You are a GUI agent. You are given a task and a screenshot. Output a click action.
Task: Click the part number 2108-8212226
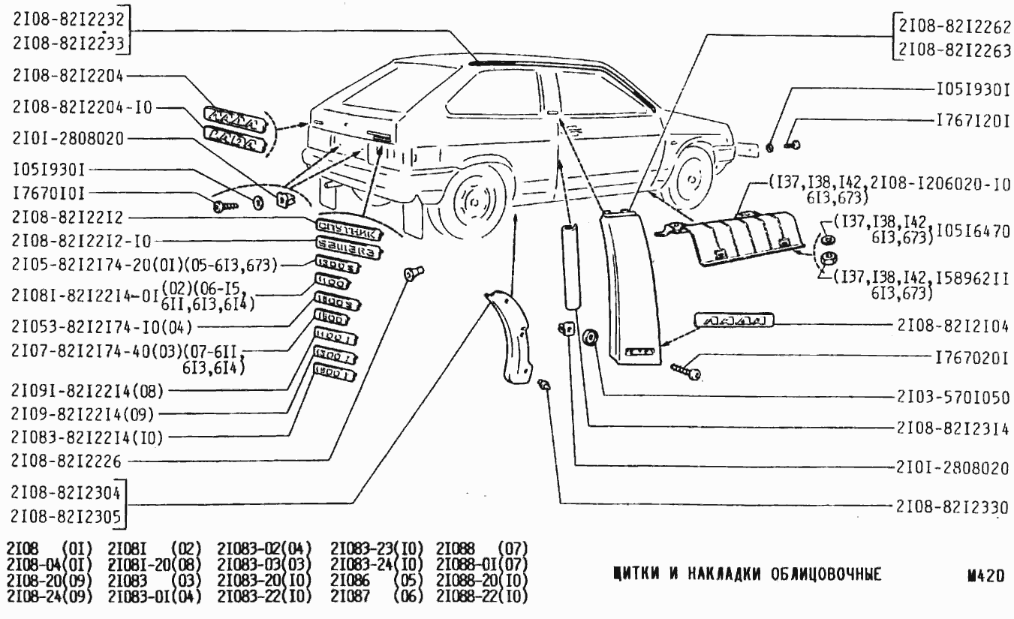pyautogui.click(x=65, y=460)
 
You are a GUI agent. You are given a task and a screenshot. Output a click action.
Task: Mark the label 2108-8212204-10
pyautogui.click(x=82, y=107)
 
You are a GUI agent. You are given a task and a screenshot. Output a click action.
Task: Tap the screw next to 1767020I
pyautogui.click(x=686, y=369)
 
